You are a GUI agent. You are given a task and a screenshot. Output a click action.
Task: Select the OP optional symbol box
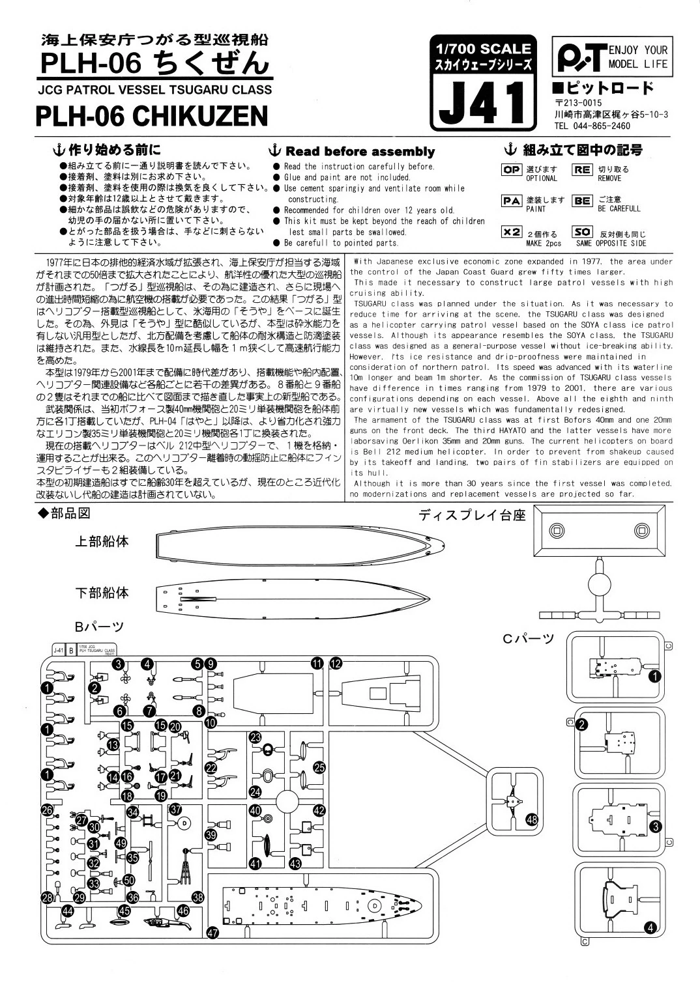click(512, 170)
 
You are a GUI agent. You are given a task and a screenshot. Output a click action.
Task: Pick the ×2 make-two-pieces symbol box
click(512, 232)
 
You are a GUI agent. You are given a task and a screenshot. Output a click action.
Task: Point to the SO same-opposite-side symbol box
click(582, 232)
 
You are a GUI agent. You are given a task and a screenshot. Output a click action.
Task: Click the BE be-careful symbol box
click(582, 201)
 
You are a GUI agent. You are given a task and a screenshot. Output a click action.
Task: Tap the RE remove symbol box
click(582, 170)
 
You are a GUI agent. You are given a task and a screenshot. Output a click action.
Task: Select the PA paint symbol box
click(512, 201)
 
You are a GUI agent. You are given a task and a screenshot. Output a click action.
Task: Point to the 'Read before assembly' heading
click(360, 152)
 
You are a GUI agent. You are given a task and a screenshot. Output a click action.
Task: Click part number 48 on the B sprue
click(532, 820)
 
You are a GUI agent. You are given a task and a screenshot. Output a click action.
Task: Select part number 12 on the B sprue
click(336, 664)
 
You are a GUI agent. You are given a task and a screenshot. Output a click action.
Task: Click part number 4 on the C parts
click(650, 928)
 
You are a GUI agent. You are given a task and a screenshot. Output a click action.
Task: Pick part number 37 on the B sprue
click(175, 809)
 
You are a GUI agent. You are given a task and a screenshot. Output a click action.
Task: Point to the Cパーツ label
click(527, 638)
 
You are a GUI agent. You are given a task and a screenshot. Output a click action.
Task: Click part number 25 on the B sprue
click(319, 768)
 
